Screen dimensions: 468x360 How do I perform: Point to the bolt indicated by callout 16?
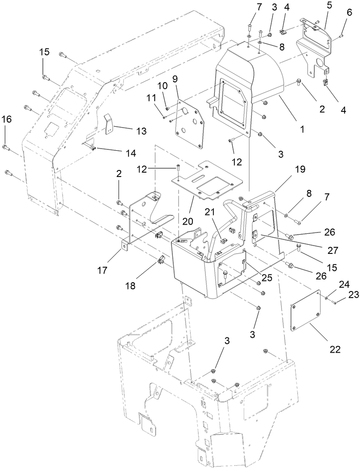(5, 146)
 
